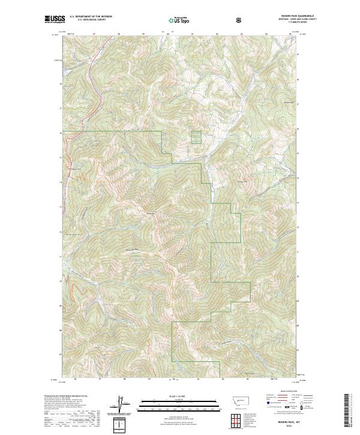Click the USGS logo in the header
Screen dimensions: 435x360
click(55, 20)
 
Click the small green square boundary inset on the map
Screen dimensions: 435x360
click(196, 137)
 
